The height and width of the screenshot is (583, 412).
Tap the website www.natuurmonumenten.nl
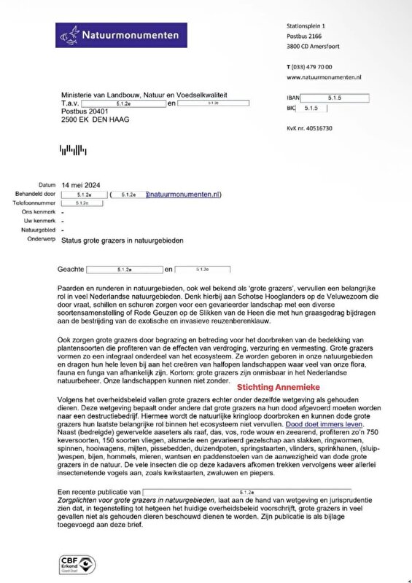click(324, 77)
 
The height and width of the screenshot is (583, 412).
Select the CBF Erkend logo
click(75, 563)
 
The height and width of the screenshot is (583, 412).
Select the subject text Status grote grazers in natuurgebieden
click(123, 240)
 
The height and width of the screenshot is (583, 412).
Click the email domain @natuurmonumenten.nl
click(183, 195)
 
